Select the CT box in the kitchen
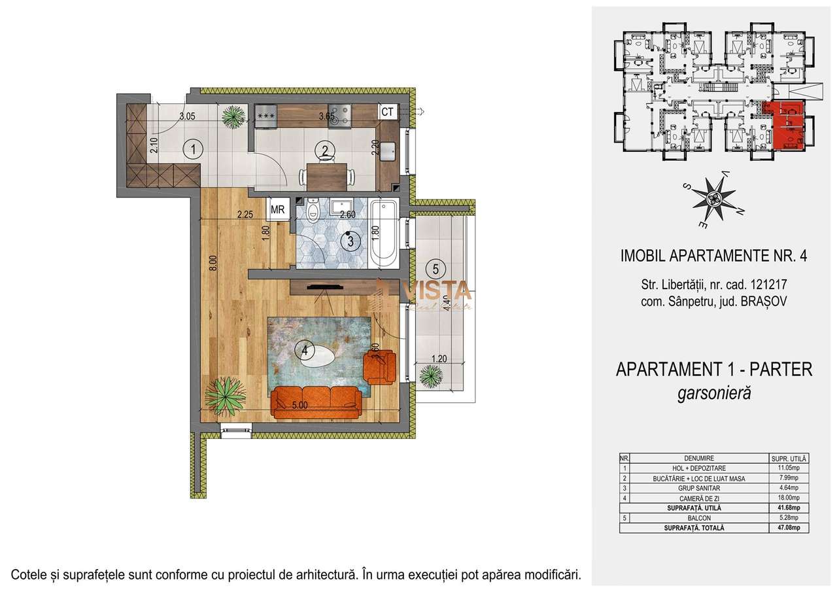387,112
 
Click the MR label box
277,210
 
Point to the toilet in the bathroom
313,211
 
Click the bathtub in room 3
383,234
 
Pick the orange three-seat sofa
316,400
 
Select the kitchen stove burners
341,115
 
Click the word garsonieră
714,393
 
